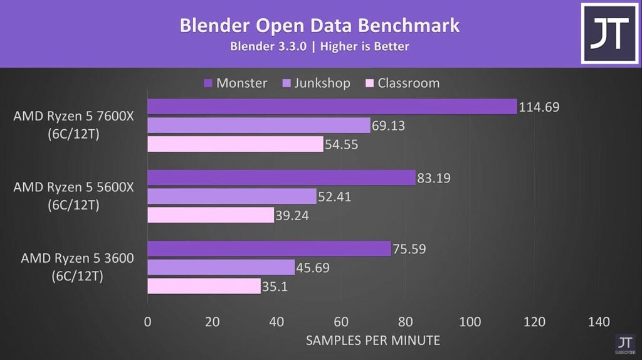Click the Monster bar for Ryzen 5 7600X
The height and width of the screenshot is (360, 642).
pos(332,107)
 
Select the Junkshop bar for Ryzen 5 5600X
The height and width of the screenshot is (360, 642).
pos(232,197)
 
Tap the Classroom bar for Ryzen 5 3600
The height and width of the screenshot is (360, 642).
pos(204,287)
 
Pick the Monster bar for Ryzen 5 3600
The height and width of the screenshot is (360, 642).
pos(269,249)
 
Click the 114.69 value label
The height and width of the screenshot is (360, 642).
pos(539,107)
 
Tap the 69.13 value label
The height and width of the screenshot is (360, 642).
pos(388,125)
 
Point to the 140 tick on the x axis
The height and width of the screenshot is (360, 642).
pos(599,322)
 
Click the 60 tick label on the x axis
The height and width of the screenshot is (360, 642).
pos(340,322)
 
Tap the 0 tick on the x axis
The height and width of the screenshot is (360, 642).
pos(147,322)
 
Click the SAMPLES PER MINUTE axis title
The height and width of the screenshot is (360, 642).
pos(372,341)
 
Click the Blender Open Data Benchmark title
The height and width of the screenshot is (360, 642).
pos(320,26)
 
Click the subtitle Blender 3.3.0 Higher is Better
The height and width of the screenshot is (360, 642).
pos(320,47)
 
